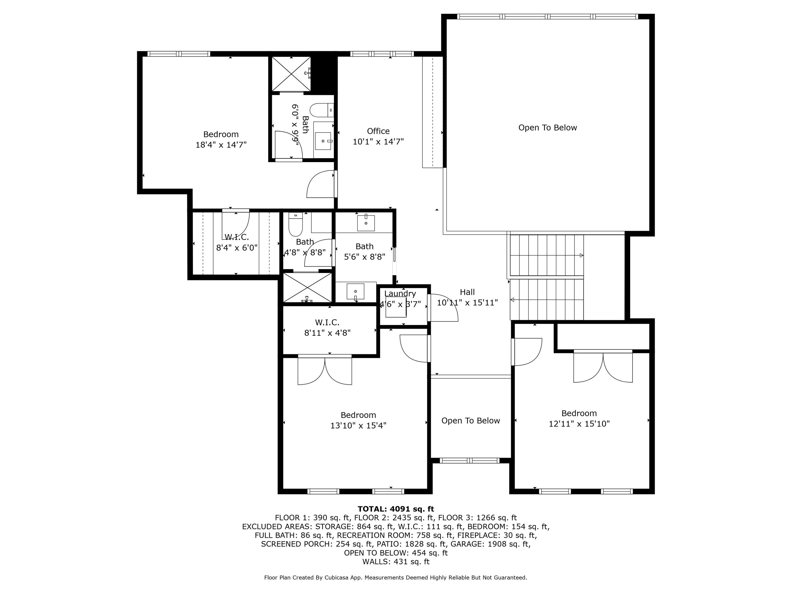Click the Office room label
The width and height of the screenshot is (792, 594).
378,131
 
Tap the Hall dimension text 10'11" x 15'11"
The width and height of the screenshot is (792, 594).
467,303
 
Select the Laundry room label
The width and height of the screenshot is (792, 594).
400,294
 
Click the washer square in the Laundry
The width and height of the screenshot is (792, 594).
396,307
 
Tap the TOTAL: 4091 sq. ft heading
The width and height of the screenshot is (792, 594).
396,509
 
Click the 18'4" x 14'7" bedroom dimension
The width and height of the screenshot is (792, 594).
221,145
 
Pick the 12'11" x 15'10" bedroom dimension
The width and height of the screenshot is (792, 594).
579,423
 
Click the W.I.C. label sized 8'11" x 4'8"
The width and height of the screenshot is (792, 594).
327,322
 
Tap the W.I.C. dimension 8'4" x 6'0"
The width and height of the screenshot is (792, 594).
237,247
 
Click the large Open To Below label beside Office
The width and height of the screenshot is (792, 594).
548,128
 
